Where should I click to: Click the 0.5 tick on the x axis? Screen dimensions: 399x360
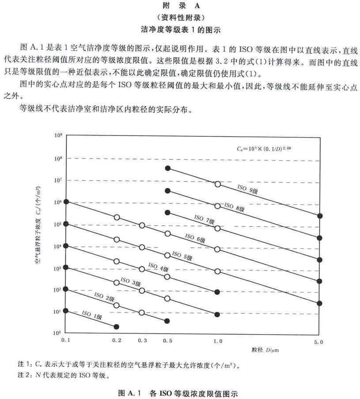pyautogui.click(x=167, y=341)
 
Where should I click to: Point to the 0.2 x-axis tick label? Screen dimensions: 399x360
pyautogui.click(x=117, y=341)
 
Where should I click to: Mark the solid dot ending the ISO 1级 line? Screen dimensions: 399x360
pyautogui.click(x=117, y=327)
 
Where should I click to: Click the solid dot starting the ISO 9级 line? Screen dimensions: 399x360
pyautogui.click(x=167, y=168)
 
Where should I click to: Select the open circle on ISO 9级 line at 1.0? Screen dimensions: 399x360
pyautogui.click(x=217, y=184)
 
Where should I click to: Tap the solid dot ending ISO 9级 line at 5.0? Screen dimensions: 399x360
pyautogui.click(x=320, y=216)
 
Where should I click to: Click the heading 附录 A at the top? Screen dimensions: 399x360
pyautogui.click(x=180, y=7)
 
